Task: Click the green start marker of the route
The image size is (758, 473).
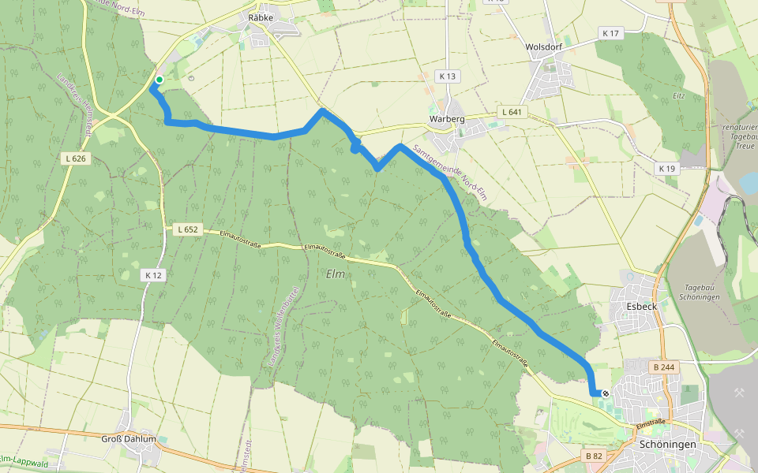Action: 159,80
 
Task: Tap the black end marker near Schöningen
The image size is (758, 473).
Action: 606,393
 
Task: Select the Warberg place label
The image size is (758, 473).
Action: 447,119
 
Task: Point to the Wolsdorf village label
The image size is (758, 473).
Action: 543,47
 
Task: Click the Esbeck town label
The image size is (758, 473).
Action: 640,306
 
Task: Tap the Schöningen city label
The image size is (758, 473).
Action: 667,445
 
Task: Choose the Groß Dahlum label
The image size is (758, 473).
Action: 129,438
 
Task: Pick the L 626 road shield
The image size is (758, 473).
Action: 75,158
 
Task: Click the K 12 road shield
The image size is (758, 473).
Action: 153,275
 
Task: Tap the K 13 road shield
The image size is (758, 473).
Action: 447,76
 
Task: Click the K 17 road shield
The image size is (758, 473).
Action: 611,33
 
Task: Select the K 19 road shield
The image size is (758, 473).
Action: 667,169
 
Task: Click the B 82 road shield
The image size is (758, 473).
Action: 595,456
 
